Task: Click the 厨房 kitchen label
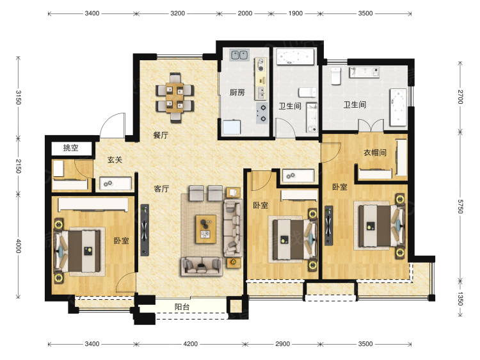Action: (x=237, y=92)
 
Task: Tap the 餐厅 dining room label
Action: (x=161, y=135)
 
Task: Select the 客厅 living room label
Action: (x=161, y=188)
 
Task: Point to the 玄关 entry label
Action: (x=115, y=160)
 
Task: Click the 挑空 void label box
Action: (x=71, y=148)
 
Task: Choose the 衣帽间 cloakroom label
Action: (x=375, y=152)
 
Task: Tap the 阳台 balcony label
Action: (x=182, y=307)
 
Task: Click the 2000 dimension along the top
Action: (x=245, y=13)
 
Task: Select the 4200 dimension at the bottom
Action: (x=190, y=344)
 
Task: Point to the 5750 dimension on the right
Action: (x=460, y=206)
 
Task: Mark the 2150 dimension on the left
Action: (x=19, y=167)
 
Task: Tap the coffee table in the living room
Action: (x=206, y=229)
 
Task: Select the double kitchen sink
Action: (x=239, y=55)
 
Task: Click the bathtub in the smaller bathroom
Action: (x=296, y=56)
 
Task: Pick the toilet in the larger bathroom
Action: (x=336, y=76)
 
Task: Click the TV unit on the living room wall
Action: (x=145, y=230)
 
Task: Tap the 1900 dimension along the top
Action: (x=296, y=13)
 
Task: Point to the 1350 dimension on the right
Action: (x=460, y=299)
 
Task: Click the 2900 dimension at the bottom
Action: (x=282, y=344)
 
